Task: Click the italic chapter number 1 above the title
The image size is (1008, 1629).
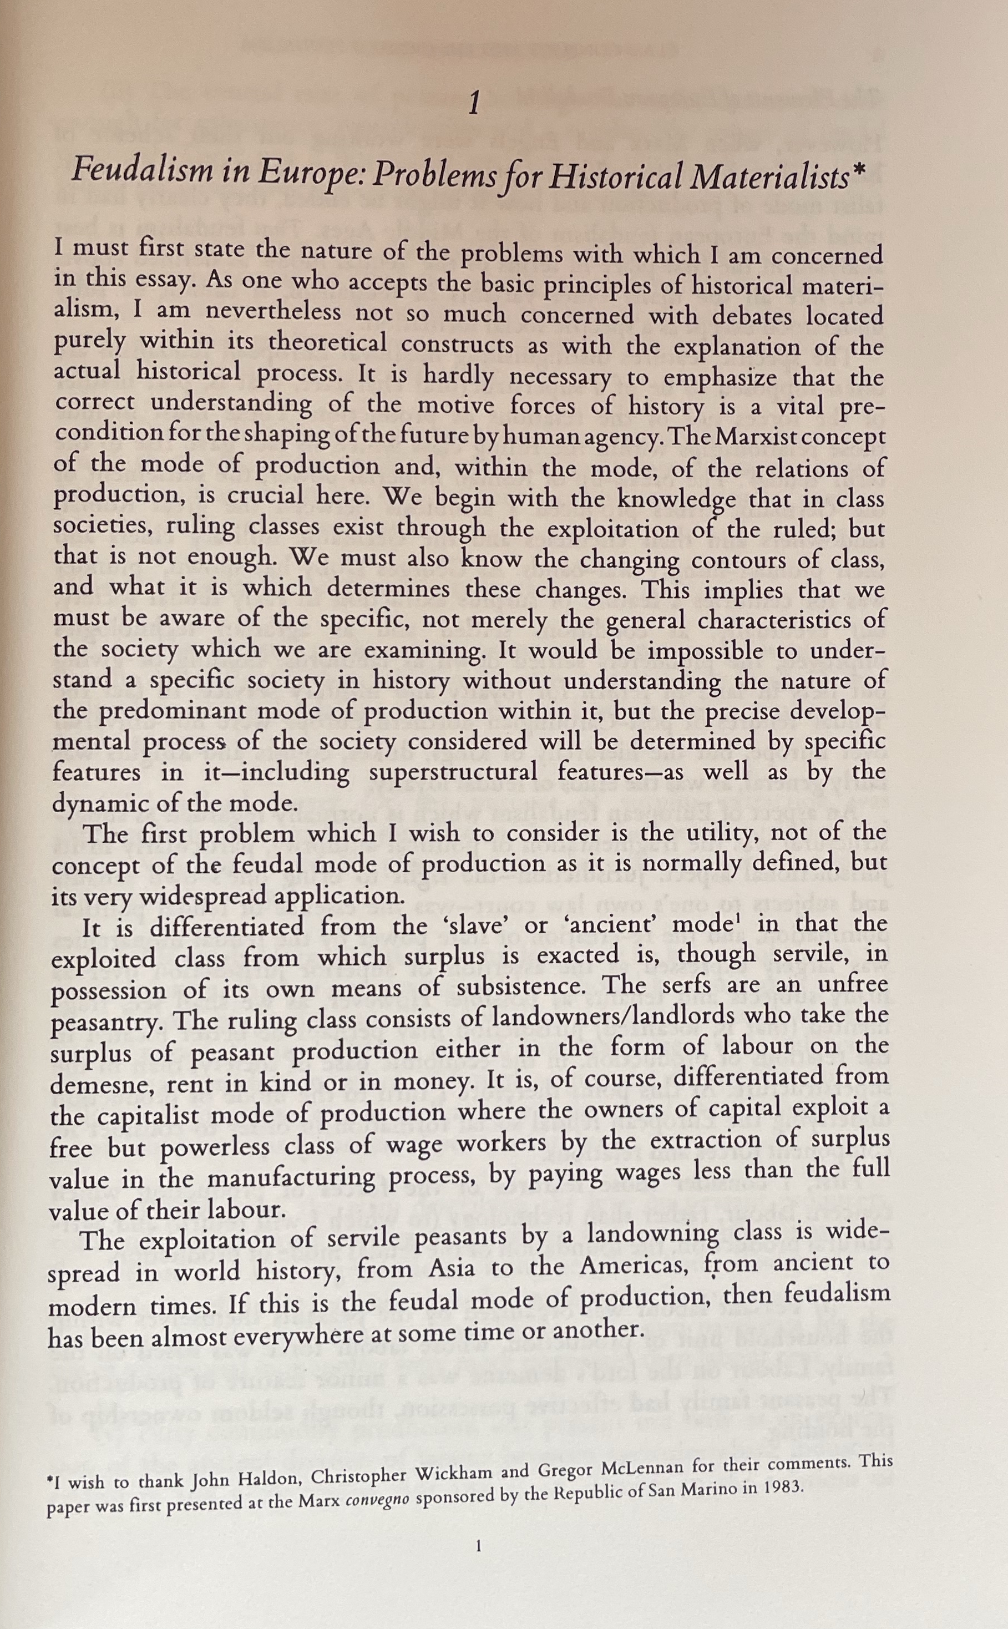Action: [474, 103]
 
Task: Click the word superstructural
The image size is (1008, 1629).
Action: [453, 773]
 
